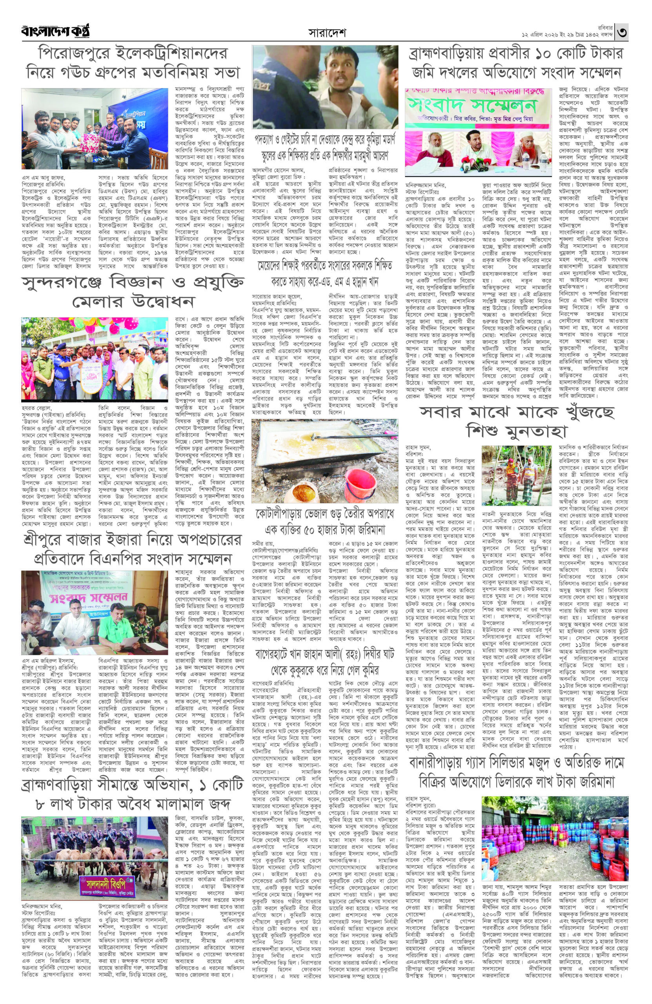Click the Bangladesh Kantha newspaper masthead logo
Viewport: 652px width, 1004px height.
tap(56, 32)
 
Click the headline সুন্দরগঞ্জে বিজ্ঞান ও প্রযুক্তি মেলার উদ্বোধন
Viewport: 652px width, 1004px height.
tap(132, 291)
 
